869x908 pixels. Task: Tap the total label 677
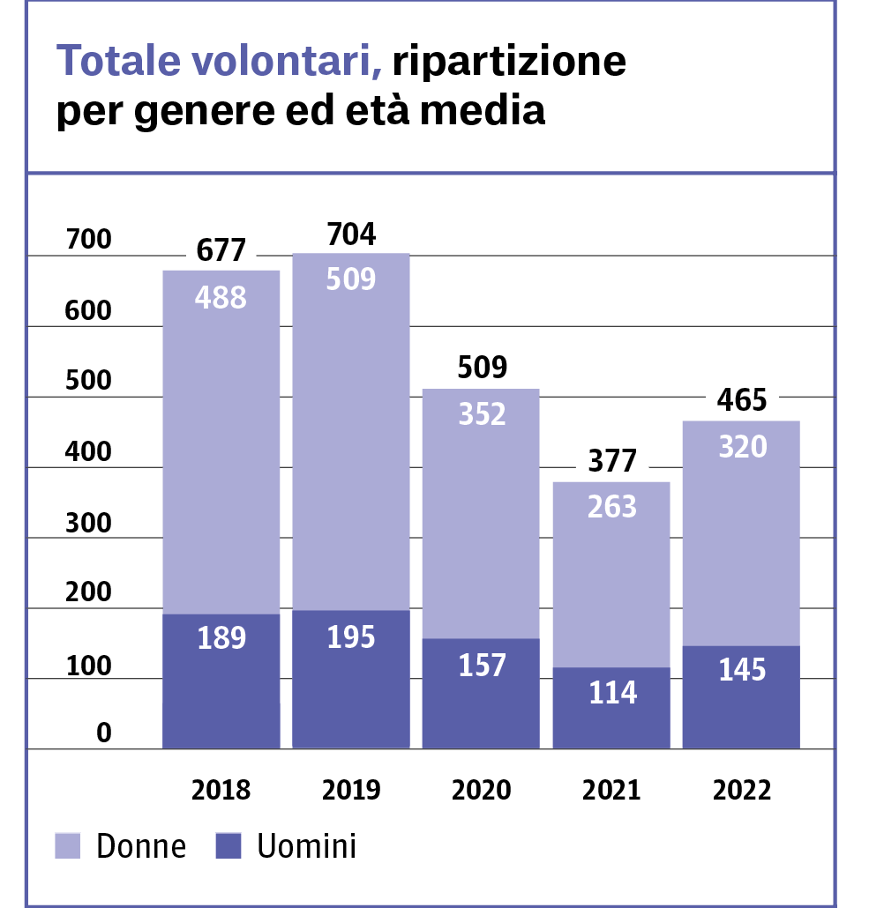click(x=221, y=249)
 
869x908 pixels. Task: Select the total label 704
click(x=351, y=234)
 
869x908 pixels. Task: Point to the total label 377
click(x=612, y=459)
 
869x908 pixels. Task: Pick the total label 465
click(x=742, y=399)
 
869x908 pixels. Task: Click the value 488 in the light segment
click(x=221, y=298)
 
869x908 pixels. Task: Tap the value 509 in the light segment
click(x=351, y=279)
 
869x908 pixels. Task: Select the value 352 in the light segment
click(x=482, y=414)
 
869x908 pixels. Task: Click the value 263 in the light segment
click(x=612, y=507)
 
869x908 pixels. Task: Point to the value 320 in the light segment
click(x=742, y=447)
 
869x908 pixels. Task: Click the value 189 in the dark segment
click(x=221, y=637)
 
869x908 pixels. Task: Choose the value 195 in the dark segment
click(x=351, y=636)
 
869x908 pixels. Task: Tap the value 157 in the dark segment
click(x=482, y=665)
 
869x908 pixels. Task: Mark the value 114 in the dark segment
click(x=612, y=693)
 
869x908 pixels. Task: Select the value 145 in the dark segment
click(x=742, y=670)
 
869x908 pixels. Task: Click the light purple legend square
click(x=68, y=845)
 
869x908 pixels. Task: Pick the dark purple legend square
click(x=228, y=845)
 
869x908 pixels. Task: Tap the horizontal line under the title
click(x=431, y=173)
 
